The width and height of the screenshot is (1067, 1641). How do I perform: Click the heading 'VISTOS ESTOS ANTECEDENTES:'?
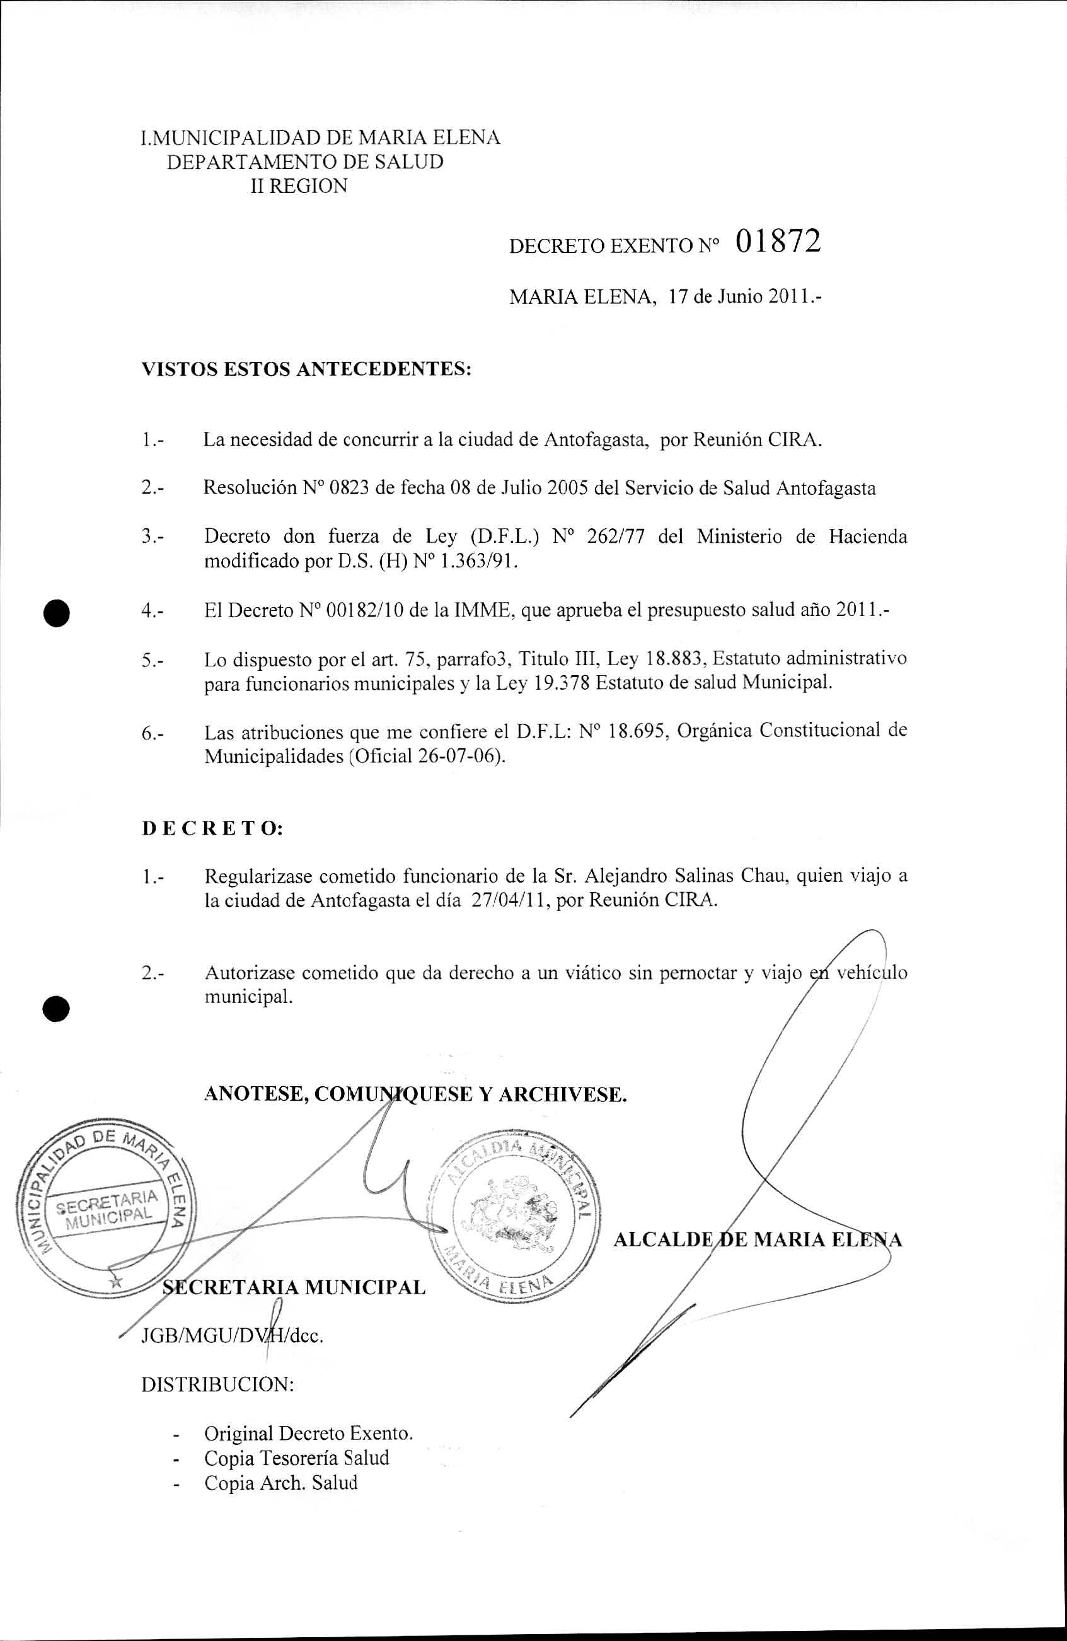(307, 369)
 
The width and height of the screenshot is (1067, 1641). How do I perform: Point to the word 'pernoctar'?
(698, 973)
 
